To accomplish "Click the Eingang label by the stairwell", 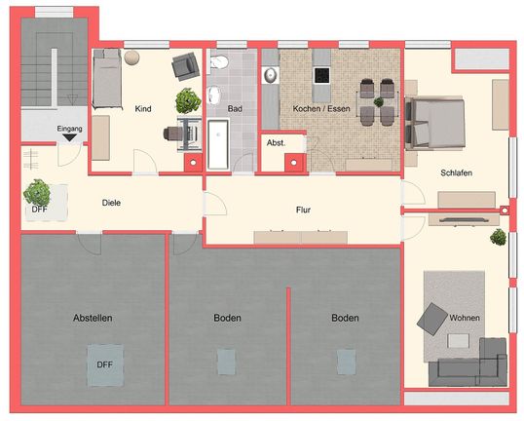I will tap(69, 128).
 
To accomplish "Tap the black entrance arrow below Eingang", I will tap(70, 138).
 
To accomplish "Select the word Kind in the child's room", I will tap(143, 109).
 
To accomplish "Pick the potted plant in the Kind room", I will tap(186, 99).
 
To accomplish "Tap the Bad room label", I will tap(234, 109).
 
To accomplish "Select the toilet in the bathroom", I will tap(220, 65).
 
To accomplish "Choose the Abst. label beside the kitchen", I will tap(275, 142).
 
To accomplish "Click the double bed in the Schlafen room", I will tap(436, 123).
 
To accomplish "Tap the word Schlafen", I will tap(456, 172).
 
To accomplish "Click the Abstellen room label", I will tap(92, 319).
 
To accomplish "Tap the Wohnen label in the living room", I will tap(464, 319).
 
